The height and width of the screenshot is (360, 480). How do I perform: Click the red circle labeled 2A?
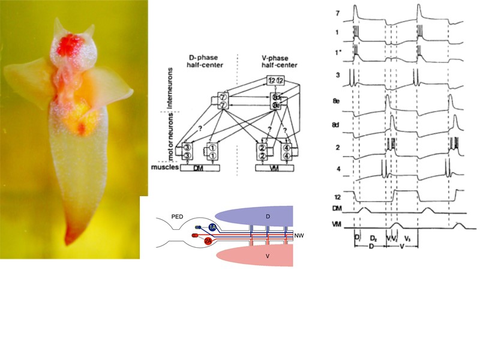207,241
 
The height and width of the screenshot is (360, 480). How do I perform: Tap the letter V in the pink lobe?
260,256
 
